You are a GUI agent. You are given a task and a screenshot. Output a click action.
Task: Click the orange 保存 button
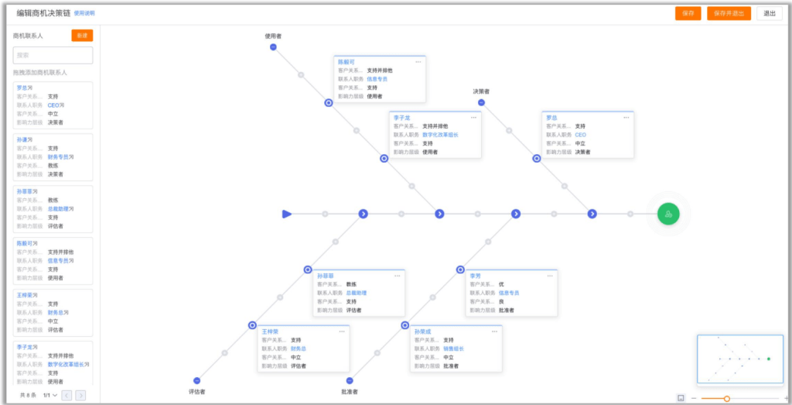[x=688, y=13]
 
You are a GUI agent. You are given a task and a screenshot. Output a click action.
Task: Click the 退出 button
[x=769, y=13]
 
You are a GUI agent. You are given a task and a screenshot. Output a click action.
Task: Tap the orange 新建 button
[x=82, y=36]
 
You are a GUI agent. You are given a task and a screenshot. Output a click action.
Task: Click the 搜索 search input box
[x=53, y=55]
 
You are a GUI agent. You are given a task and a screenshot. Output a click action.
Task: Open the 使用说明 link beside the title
[x=85, y=13]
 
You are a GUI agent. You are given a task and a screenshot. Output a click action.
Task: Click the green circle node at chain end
[x=668, y=214]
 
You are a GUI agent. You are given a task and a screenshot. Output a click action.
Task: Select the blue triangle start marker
[x=287, y=214]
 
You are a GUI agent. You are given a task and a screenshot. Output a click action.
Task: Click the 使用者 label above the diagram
[x=273, y=36]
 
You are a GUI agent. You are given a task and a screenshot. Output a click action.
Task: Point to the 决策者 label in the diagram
[x=481, y=91]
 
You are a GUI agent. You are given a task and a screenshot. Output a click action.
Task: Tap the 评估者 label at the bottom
[x=196, y=392]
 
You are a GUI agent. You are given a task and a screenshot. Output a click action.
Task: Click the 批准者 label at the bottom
[x=350, y=392]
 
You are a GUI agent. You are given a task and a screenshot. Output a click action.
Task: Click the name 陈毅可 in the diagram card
[x=346, y=61]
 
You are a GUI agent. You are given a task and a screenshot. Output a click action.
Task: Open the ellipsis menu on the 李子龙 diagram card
[x=473, y=117]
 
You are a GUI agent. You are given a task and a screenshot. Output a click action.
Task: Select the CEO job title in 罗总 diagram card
[x=580, y=135]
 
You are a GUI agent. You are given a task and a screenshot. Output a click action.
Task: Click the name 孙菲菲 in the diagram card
[x=325, y=276]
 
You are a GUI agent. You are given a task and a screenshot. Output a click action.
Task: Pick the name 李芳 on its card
[x=475, y=276]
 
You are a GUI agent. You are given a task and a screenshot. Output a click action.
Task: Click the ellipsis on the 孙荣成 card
[x=494, y=331]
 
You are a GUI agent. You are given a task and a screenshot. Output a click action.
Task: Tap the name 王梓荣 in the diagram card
[x=269, y=331]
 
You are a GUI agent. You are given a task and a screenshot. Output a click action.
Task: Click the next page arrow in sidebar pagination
[x=80, y=395]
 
